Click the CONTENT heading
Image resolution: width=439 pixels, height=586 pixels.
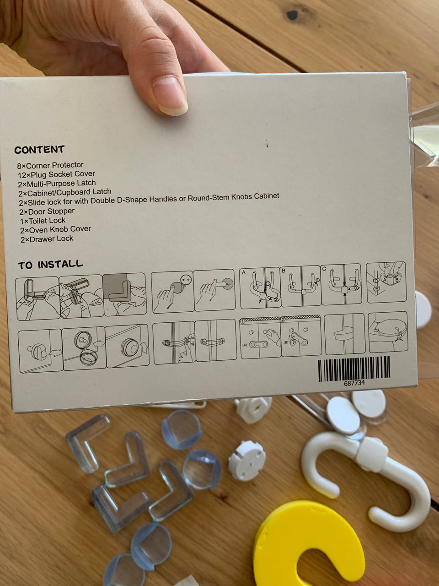39,150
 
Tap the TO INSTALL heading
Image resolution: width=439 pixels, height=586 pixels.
51,265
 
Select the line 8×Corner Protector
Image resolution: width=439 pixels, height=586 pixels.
50,165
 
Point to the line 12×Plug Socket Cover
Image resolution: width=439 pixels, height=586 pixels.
57,174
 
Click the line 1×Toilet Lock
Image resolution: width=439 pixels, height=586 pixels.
43,221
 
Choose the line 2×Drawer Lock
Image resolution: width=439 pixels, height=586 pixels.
47,239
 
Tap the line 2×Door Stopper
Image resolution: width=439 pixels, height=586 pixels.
47,212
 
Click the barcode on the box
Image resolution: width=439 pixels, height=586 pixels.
353,369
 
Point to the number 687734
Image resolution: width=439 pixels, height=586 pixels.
354,383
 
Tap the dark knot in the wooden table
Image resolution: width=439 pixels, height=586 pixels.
292,15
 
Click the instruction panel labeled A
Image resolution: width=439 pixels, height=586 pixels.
260,287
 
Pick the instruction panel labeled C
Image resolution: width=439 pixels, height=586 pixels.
342,284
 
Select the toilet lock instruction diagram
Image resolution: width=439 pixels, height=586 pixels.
388,331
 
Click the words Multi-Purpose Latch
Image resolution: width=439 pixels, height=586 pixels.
61,184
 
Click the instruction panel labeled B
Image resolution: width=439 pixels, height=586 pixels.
300,286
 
